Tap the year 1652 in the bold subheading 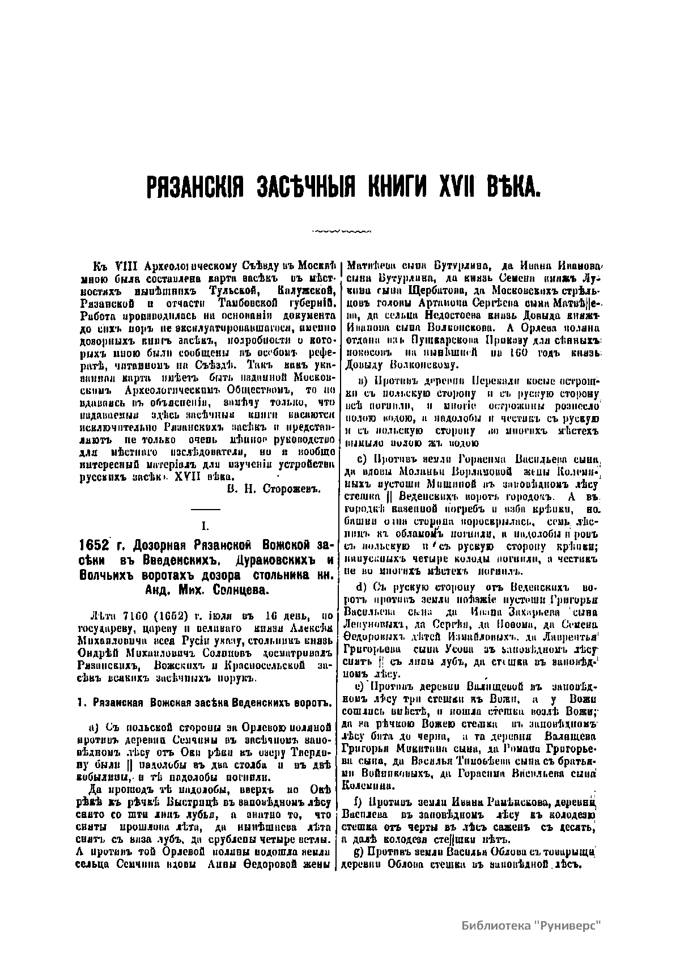coord(92,546)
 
